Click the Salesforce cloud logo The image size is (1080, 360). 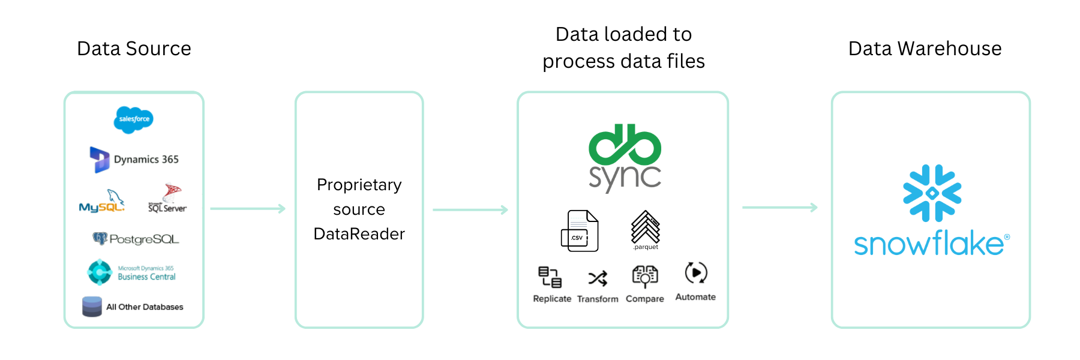tap(133, 119)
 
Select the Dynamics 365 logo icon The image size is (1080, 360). tap(99, 160)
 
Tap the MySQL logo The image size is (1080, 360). tap(102, 202)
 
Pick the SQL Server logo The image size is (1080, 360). tap(168, 198)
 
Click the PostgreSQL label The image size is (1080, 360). tap(144, 239)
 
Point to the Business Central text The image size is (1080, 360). tap(146, 277)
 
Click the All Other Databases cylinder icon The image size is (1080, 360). tap(92, 307)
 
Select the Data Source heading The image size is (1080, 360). tap(134, 49)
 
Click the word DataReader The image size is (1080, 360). tap(359, 233)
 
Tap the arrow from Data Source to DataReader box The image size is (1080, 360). tap(248, 209)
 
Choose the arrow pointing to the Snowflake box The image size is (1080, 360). tap(779, 208)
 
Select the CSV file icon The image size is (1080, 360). tap(580, 231)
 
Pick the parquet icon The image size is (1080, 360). tap(645, 227)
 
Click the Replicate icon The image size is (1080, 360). tap(550, 277)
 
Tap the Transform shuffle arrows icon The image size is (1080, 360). tap(598, 278)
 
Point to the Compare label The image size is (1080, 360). tap(644, 299)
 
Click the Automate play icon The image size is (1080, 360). tap(696, 273)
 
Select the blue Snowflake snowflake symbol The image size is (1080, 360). tap(932, 193)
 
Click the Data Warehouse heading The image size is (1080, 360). tap(925, 49)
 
